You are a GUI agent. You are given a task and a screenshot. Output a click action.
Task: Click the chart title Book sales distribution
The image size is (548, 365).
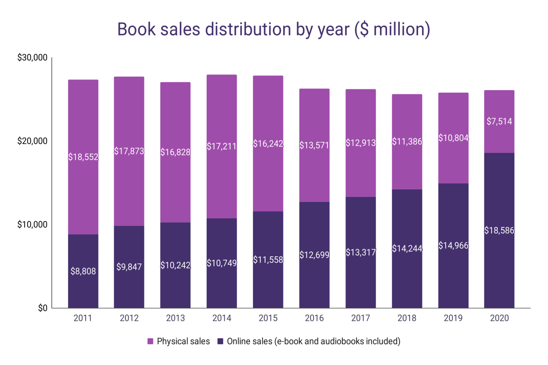pyautogui.click(x=274, y=29)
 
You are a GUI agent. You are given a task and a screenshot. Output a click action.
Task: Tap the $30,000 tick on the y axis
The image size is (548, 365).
pyautogui.click(x=32, y=57)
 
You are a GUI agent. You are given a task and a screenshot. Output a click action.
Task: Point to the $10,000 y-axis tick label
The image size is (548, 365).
pyautogui.click(x=32, y=225)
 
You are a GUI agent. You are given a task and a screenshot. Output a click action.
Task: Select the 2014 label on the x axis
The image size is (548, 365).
pyautogui.click(x=222, y=318)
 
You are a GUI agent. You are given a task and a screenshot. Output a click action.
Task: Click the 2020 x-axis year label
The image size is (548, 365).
pyautogui.click(x=499, y=318)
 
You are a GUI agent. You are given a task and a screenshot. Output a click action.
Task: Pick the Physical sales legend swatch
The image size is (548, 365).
pyautogui.click(x=150, y=341)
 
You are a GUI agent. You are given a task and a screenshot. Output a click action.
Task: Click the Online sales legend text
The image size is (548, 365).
pyautogui.click(x=313, y=341)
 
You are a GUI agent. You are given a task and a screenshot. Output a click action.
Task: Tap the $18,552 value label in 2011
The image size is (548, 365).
pyautogui.click(x=83, y=157)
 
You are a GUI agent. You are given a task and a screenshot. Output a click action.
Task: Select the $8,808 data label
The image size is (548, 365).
pyautogui.click(x=83, y=271)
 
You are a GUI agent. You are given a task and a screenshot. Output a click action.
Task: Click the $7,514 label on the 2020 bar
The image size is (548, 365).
pyautogui.click(x=499, y=122)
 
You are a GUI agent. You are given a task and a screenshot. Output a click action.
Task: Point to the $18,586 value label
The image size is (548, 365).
pyautogui.click(x=499, y=231)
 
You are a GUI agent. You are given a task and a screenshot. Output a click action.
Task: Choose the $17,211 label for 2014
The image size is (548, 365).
pyautogui.click(x=222, y=146)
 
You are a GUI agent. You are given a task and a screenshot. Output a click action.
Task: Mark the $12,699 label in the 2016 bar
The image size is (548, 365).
pyautogui.click(x=314, y=255)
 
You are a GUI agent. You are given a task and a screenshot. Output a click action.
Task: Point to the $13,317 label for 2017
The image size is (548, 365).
pyautogui.click(x=361, y=252)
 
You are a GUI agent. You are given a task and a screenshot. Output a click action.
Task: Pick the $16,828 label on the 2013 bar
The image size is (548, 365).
pyautogui.click(x=175, y=152)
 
